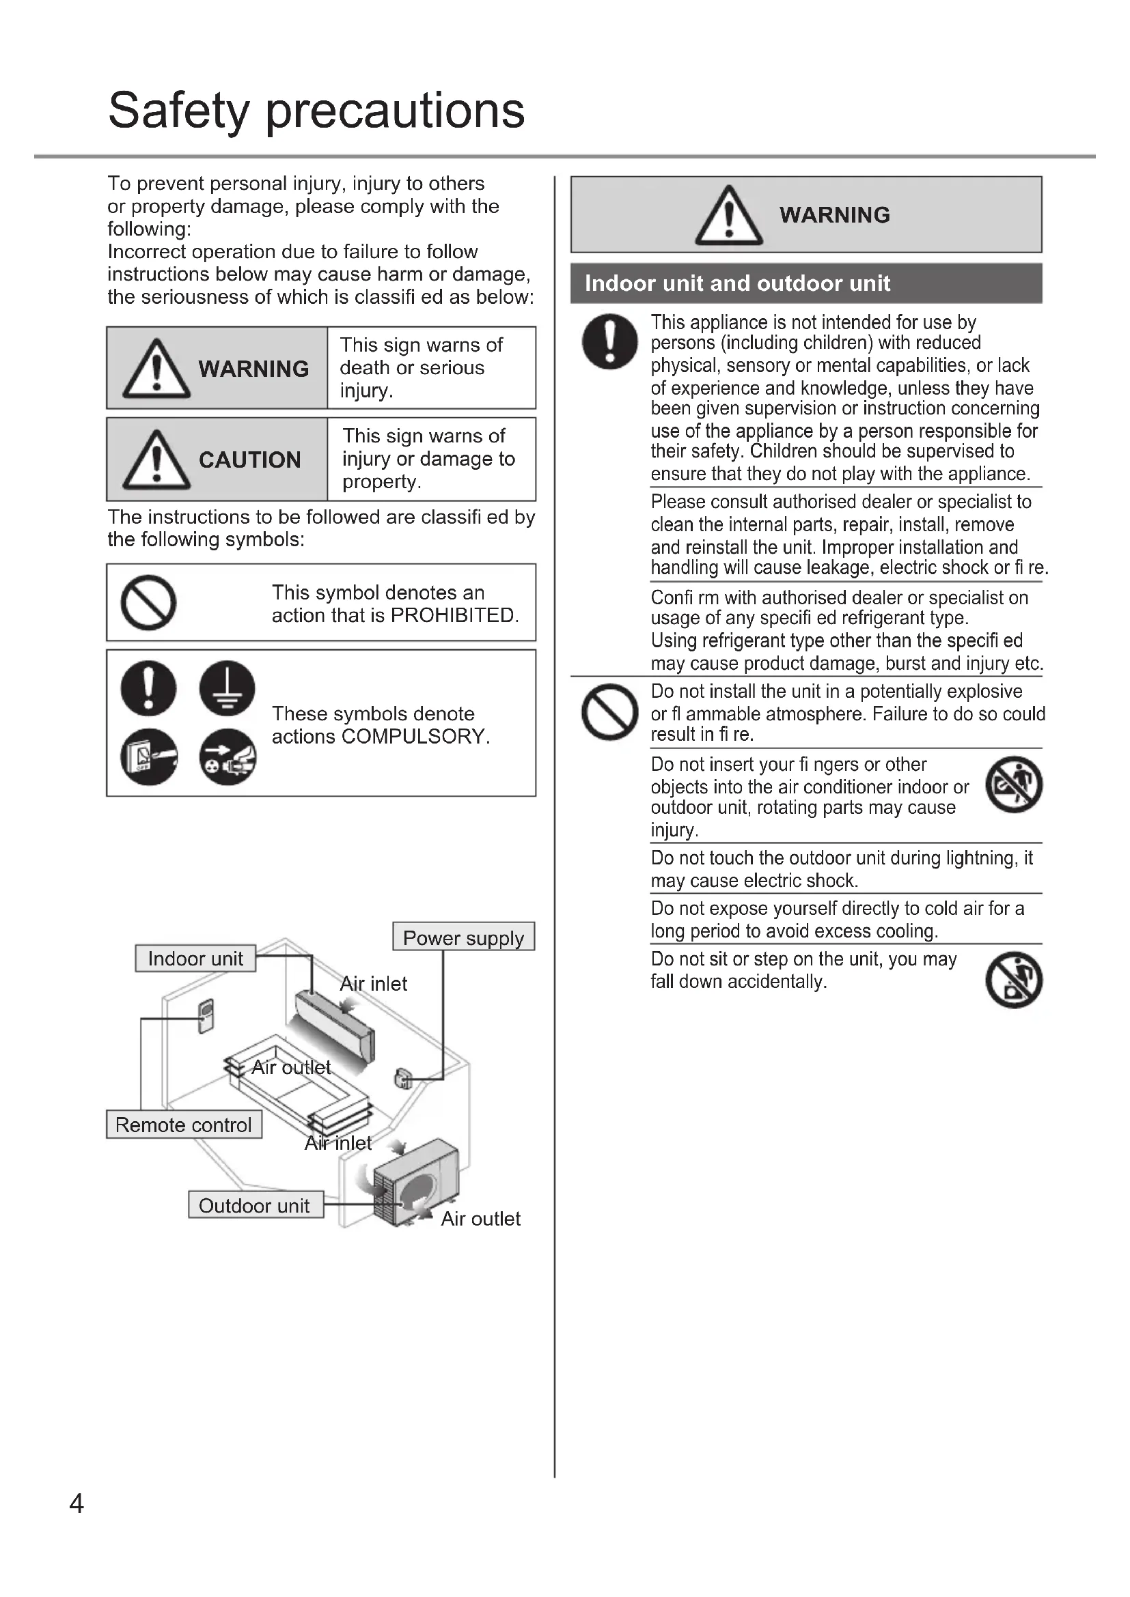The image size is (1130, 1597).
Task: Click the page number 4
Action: click(77, 1503)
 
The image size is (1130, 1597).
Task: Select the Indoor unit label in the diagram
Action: click(195, 959)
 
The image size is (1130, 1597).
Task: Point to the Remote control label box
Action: click(184, 1125)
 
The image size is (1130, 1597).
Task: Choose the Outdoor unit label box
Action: click(255, 1205)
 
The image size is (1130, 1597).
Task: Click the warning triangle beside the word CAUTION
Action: click(156, 460)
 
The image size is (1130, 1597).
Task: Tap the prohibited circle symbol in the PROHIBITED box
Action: click(148, 602)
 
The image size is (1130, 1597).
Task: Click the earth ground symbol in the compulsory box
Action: click(227, 688)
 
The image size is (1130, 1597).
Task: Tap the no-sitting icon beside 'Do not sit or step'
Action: click(1014, 979)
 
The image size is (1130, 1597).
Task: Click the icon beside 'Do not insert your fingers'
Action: click(1014, 785)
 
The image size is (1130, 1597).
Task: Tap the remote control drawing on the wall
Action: click(206, 1016)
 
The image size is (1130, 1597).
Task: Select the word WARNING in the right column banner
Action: click(834, 215)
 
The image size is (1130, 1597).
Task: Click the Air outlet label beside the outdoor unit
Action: click(480, 1219)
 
